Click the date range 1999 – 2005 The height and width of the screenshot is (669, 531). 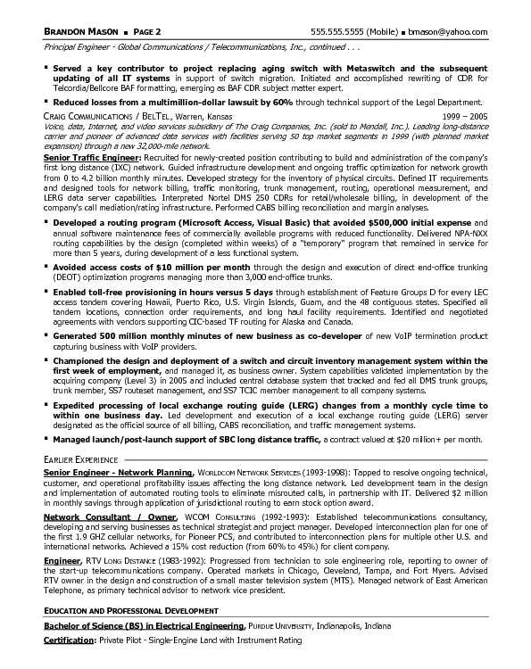(x=466, y=115)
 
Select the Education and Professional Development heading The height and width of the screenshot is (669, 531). (x=131, y=610)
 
